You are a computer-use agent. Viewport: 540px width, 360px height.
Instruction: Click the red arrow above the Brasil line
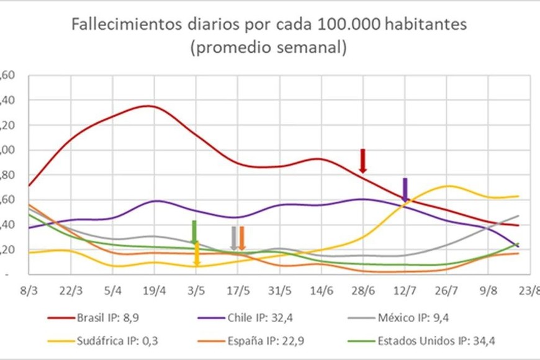(x=363, y=161)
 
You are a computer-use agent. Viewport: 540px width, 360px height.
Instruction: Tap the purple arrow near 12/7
(x=405, y=190)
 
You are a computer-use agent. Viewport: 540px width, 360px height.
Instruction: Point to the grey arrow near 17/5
(x=234, y=238)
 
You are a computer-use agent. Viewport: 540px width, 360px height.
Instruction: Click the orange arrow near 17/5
(x=242, y=238)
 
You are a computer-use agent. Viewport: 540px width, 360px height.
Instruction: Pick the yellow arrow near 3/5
(x=197, y=254)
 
